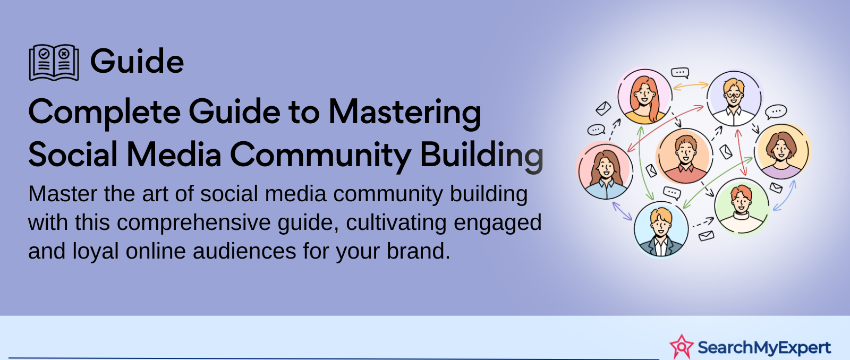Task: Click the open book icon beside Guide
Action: coord(54,63)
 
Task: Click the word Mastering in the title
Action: coord(404,113)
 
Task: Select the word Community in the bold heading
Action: coord(320,155)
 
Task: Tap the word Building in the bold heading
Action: coord(481,155)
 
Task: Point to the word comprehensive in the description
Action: coord(197,222)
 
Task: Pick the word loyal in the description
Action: coord(95,251)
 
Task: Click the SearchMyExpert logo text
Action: coord(764,347)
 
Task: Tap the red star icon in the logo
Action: coord(682,346)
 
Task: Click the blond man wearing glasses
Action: coord(734,98)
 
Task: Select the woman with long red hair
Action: coord(644,96)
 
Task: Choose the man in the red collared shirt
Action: coord(685,156)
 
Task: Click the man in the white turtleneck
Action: coord(742,207)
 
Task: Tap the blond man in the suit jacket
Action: coord(661,229)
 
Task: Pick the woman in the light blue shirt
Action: coord(605,170)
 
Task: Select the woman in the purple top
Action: coord(782,151)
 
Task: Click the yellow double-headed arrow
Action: coord(691,85)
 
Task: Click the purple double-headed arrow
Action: coord(622,211)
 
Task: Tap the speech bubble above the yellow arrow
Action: coord(680,72)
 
